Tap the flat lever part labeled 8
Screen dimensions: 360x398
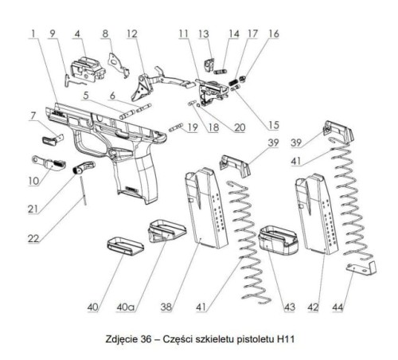click(118, 61)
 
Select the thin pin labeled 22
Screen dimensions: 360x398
click(84, 191)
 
